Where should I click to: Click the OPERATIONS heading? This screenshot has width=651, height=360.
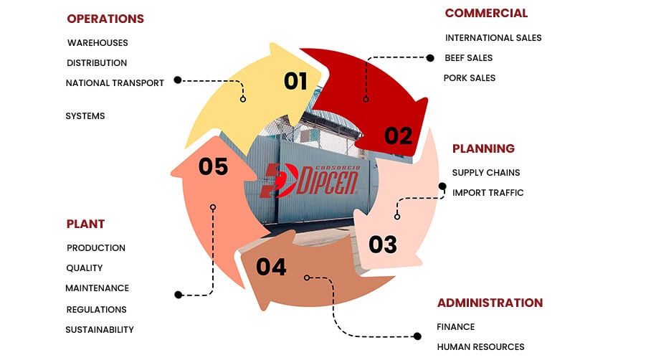click(x=105, y=19)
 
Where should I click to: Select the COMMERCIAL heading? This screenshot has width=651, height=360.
click(x=486, y=13)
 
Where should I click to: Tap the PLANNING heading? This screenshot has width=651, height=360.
click(x=483, y=148)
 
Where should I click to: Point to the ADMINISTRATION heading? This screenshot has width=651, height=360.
click(x=490, y=303)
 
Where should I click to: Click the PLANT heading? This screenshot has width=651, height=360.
click(x=86, y=224)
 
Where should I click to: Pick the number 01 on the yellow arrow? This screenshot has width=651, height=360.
click(x=295, y=81)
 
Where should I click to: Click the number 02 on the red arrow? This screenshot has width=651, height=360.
click(x=399, y=135)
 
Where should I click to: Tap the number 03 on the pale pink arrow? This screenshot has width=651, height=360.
click(x=383, y=245)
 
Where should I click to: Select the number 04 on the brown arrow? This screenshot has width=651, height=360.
click(x=271, y=267)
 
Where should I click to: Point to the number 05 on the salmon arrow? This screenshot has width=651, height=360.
click(x=213, y=166)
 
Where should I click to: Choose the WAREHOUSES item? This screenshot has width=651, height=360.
click(x=98, y=43)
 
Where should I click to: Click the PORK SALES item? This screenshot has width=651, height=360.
click(x=470, y=77)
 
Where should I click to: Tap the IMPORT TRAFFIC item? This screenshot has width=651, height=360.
click(x=488, y=192)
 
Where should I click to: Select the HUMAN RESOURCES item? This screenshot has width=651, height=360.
click(x=480, y=347)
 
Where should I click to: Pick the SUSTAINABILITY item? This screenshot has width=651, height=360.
click(x=100, y=330)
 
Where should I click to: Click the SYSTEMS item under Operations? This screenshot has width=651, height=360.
click(x=85, y=116)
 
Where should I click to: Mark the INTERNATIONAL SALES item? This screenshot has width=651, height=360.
click(x=493, y=37)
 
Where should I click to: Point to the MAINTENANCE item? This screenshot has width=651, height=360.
click(x=98, y=288)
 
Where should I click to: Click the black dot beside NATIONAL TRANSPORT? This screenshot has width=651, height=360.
click(x=178, y=80)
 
